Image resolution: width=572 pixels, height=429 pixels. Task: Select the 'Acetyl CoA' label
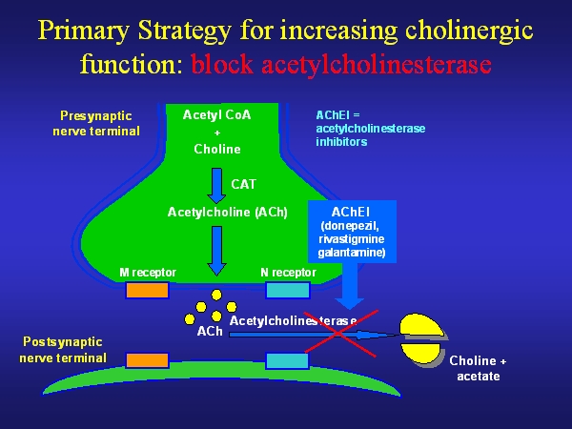216,115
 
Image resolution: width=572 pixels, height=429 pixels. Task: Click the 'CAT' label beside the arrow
244,183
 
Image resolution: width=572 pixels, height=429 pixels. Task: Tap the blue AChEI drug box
350,232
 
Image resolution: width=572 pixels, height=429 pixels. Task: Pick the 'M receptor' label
148,273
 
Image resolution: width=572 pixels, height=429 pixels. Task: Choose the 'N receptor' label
288,273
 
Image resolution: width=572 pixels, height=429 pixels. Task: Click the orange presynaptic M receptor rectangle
148,290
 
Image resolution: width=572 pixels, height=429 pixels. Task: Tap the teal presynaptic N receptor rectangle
287,290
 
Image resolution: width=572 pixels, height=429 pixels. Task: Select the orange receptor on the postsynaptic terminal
148,359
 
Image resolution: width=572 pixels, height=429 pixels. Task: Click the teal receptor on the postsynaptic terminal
287,359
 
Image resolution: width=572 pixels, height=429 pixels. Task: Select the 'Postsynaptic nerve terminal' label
64,349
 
